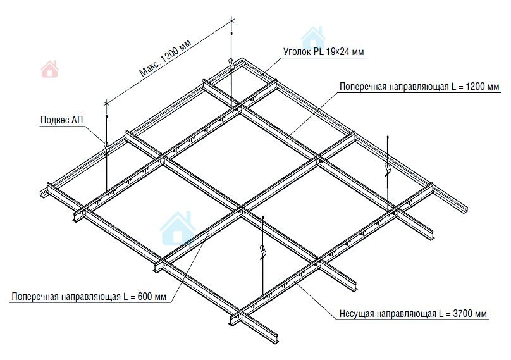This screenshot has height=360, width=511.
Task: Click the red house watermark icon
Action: point(50,69)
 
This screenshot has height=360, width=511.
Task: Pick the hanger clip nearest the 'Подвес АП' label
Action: point(107,146)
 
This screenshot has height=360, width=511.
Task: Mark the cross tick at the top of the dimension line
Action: point(232,21)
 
